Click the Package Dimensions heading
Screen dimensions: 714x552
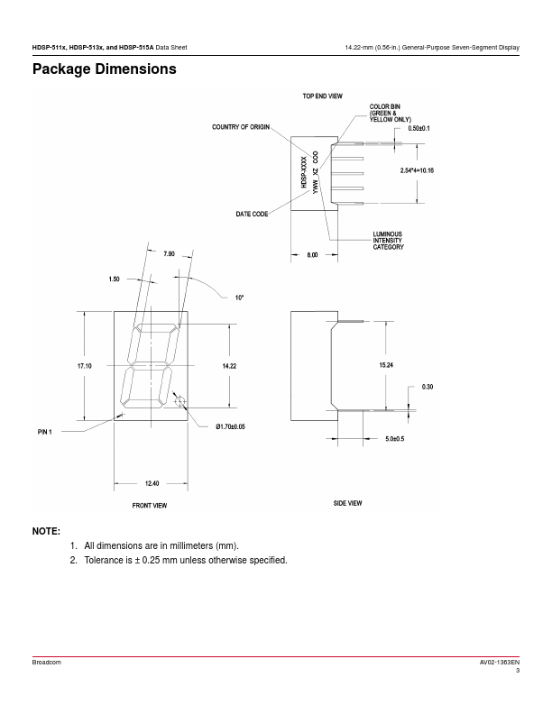coord(104,69)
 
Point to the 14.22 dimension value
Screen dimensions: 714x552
coord(229,365)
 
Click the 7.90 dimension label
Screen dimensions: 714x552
coord(170,254)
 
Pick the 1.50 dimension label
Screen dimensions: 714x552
coord(114,279)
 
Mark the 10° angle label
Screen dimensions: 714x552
coord(240,297)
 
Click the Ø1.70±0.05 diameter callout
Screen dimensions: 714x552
coord(231,426)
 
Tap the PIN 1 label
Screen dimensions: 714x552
coord(45,433)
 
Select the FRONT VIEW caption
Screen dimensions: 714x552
coord(150,506)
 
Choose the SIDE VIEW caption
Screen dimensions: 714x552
coord(347,503)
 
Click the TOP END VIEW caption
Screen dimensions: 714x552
coord(322,96)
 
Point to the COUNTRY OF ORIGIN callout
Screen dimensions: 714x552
coord(241,127)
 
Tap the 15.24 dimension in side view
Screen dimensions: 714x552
coord(385,365)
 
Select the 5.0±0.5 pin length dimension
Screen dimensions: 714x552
coord(395,439)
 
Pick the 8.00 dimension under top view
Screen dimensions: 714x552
coord(312,256)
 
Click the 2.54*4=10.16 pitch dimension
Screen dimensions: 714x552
coord(418,169)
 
